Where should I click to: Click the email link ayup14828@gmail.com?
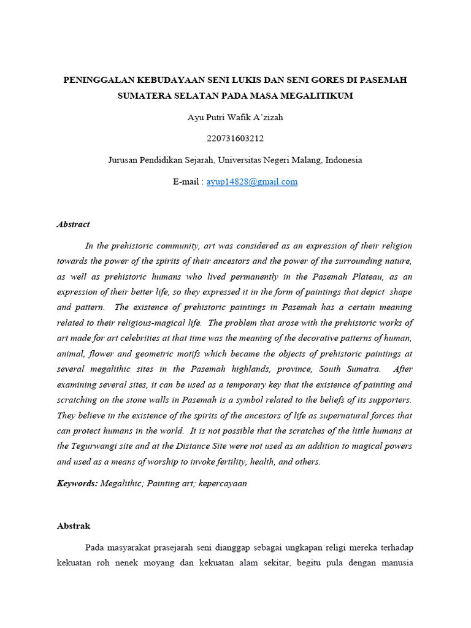tap(252, 182)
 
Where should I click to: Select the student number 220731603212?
tap(235, 139)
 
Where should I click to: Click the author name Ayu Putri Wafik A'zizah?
tap(235, 117)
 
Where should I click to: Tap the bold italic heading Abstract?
tap(74, 224)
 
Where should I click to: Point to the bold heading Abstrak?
tap(74, 526)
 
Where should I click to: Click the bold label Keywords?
tap(77, 483)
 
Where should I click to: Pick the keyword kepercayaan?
tap(222, 483)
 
